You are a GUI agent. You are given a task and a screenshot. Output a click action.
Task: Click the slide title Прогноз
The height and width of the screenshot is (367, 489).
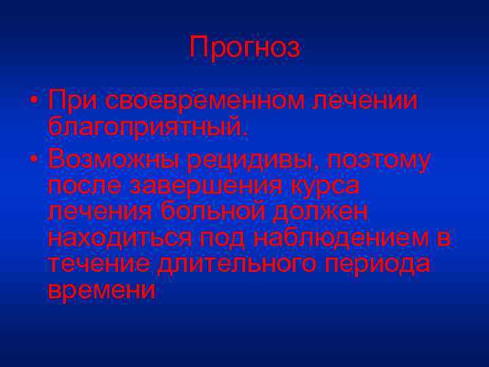244,47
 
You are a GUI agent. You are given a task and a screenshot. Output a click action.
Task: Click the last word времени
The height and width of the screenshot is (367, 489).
102,290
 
